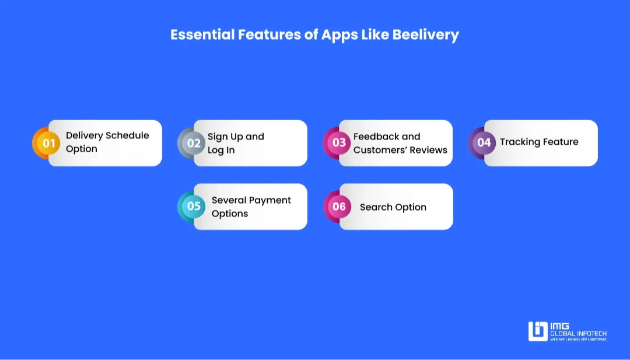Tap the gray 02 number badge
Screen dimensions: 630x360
pyautogui.click(x=192, y=143)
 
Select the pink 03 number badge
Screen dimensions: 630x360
pyautogui.click(x=337, y=142)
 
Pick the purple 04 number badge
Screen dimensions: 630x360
pyautogui.click(x=482, y=142)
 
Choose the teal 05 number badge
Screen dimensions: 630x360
pyautogui.click(x=192, y=207)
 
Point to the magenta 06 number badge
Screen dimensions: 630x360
pyautogui.click(x=338, y=207)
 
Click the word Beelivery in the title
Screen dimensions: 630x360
pyautogui.click(x=425, y=34)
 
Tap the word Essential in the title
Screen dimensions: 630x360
pyautogui.click(x=202, y=34)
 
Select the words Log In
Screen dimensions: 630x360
pyautogui.click(x=221, y=151)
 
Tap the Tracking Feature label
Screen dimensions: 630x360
pyautogui.click(x=539, y=142)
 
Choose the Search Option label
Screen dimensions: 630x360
pyautogui.click(x=393, y=207)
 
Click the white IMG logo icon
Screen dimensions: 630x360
pyautogui.click(x=538, y=331)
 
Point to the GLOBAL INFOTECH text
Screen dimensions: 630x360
pyautogui.click(x=578, y=334)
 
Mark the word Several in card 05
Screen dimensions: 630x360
pyautogui.click(x=227, y=200)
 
